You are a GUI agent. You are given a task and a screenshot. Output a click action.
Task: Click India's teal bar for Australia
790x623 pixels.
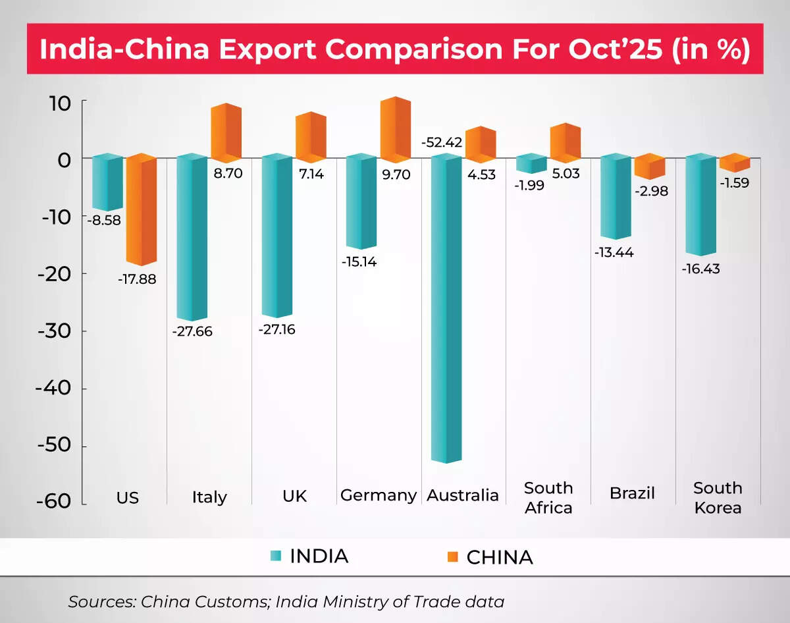pyautogui.click(x=446, y=310)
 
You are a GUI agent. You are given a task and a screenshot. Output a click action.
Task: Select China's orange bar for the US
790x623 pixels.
pyautogui.click(x=141, y=211)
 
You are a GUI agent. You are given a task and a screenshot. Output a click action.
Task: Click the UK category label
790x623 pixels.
pyautogui.click(x=294, y=495)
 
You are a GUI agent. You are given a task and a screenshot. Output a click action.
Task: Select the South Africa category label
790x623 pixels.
pyautogui.click(x=548, y=497)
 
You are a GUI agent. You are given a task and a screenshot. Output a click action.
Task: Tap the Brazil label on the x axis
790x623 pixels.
pyautogui.click(x=632, y=493)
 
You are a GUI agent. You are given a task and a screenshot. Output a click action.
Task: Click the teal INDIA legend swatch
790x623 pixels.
pyautogui.click(x=275, y=556)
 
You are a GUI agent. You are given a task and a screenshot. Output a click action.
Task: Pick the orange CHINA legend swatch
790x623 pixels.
pyautogui.click(x=452, y=557)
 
